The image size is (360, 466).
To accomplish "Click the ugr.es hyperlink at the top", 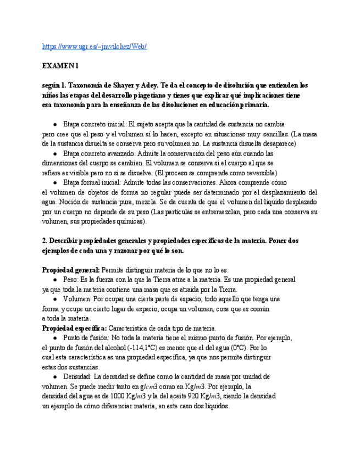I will coord(94,47).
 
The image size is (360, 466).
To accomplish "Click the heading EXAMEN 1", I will coord(60,66).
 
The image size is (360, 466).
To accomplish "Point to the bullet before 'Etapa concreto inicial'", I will coord(56,125).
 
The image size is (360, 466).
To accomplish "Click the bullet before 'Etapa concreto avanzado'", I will coord(56,154).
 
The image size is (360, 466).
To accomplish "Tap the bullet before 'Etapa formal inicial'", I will coord(56,182).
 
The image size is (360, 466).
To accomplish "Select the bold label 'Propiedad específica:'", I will coord(74,328).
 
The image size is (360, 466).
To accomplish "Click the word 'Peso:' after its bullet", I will coord(72,280).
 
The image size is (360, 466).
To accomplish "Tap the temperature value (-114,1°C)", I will coord(143,348).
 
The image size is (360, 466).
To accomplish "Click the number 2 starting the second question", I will coord(44,241).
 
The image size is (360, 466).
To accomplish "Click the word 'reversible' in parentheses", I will coord(259,173).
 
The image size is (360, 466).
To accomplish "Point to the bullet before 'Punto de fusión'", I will coord(56,338).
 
